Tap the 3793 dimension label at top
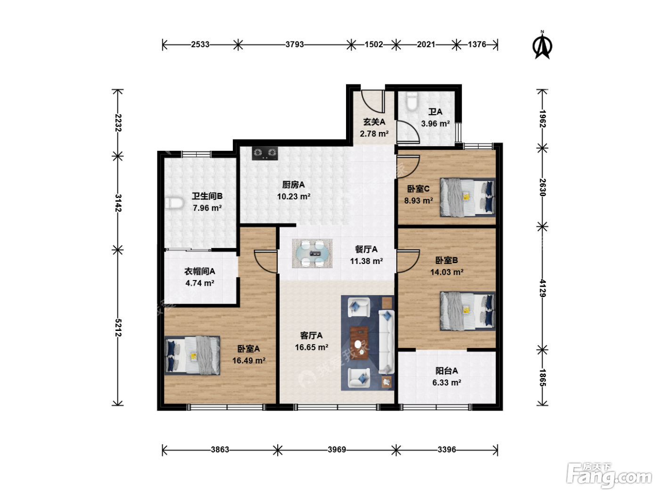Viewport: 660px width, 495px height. pos(294,44)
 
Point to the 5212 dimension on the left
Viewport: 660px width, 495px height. pos(118,328)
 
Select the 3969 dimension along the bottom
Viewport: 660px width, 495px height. pos(337,450)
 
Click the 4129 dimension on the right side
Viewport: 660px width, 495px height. pos(542,288)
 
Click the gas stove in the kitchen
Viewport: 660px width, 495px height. pos(264,153)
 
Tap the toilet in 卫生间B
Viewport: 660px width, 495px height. pos(174,203)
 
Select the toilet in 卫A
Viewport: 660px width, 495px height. pos(412,101)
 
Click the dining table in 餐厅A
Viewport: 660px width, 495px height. pos(312,253)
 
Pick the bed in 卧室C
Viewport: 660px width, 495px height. pos(468,198)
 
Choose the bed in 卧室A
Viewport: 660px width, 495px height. pos(192,355)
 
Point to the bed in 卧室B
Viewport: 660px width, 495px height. pos(468,311)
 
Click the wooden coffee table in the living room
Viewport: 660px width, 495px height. pos(359,343)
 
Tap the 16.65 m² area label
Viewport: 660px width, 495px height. pos(312,347)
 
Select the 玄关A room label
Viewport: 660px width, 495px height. pos(374,122)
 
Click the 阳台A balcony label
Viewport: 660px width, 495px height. pos(446,371)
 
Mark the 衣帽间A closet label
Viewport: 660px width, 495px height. pos(200,272)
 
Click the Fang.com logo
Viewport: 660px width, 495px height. pos(609,476)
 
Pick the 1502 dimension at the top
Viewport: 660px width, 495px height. pos(374,44)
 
